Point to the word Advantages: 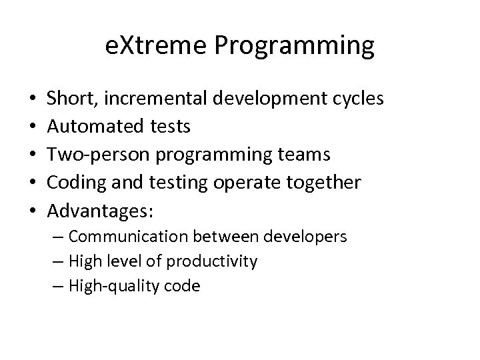100,211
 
